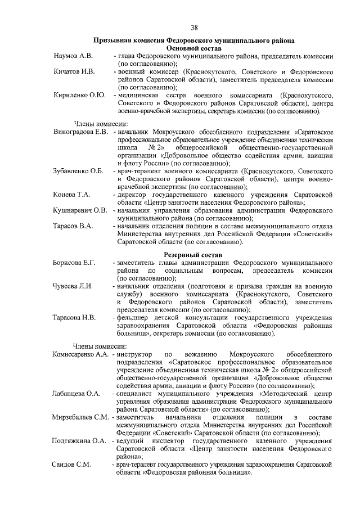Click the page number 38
[x=194, y=28]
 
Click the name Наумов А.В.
[x=74, y=57]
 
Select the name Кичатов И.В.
[x=75, y=73]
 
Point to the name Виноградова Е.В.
[x=81, y=132]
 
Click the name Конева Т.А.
[x=72, y=195]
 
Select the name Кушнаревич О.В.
[x=80, y=210]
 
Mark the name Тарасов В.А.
[x=73, y=226]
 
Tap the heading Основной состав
[x=194, y=49]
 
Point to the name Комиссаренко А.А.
[x=80, y=355]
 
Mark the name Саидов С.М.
[x=70, y=464]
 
